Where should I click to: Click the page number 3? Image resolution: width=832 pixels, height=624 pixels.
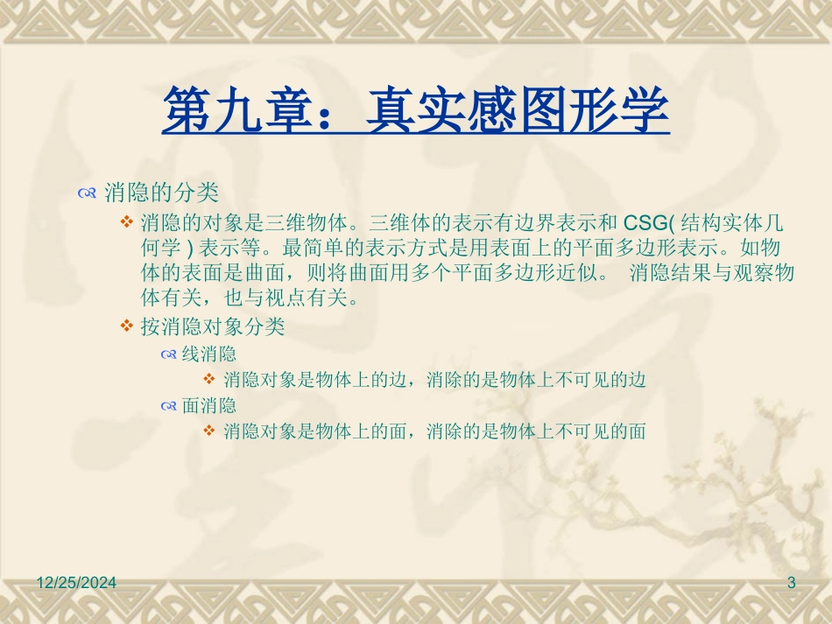click(792, 583)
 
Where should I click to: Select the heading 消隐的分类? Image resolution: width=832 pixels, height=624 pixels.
click(161, 192)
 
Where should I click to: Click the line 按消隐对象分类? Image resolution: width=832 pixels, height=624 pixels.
click(213, 326)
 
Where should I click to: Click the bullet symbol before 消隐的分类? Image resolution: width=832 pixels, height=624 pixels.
click(87, 193)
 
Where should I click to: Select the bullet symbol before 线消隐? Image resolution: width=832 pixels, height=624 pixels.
click(169, 355)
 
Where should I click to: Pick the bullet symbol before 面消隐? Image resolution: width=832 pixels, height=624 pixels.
click(169, 406)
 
